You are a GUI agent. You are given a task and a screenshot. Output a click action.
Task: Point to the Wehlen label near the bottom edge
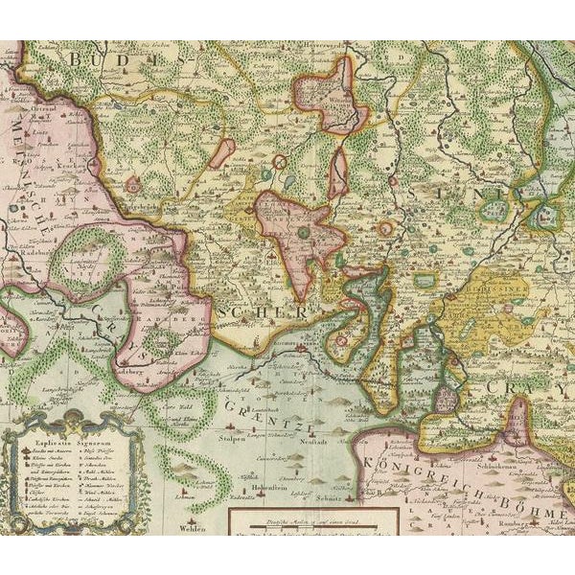tap(194, 527)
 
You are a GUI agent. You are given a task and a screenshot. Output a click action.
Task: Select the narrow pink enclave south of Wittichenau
tap(337, 172)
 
